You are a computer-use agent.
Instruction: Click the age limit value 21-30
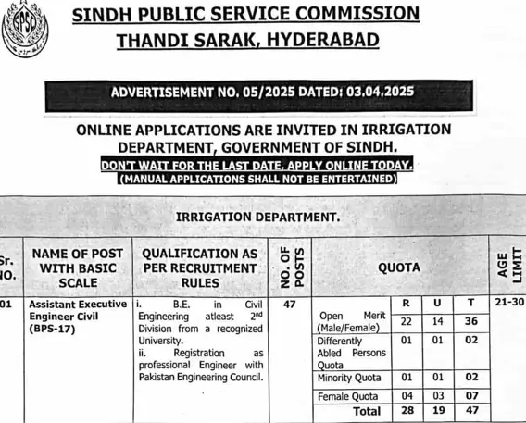(508, 303)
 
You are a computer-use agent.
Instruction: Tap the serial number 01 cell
(6, 303)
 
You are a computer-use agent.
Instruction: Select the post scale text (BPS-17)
(55, 329)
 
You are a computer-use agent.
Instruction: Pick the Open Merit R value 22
(406, 320)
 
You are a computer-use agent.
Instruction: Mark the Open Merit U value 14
(438, 320)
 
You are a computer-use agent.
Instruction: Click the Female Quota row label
(348, 396)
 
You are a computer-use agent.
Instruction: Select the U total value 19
(438, 411)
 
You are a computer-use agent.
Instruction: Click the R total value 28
(406, 411)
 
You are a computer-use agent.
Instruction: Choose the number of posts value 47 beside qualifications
(289, 303)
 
